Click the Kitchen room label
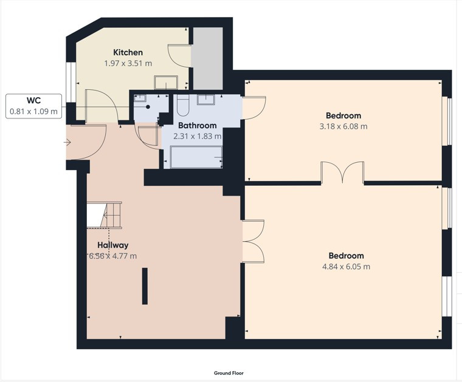tap(128, 52)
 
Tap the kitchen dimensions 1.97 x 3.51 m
tap(128, 63)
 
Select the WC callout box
tap(33, 106)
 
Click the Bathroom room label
tap(197, 125)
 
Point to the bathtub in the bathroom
tap(196, 157)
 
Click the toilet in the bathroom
tap(183, 105)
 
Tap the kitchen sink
tap(166, 83)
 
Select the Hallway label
tap(113, 245)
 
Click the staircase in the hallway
tap(105, 215)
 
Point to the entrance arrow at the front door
tap(67, 143)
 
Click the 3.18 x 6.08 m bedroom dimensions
tap(343, 126)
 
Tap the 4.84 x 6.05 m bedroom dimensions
tap(346, 267)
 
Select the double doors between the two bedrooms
tap(342, 172)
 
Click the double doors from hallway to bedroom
tap(253, 241)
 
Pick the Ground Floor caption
tap(229, 373)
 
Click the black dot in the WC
tap(148, 107)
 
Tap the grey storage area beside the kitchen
tap(207, 58)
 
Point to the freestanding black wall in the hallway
tap(145, 286)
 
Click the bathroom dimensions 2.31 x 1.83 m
tap(197, 136)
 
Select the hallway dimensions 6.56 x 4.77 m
tap(113, 256)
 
